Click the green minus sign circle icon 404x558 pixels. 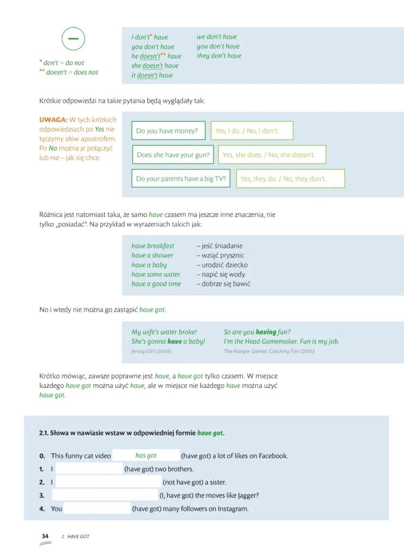point(74,39)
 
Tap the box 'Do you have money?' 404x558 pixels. point(169,131)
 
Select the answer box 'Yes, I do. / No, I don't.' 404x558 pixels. point(252,131)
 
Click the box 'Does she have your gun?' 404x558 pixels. point(173,155)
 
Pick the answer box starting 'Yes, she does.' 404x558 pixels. point(272,155)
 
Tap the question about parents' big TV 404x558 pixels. point(181,179)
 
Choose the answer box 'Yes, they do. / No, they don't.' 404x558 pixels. point(290,179)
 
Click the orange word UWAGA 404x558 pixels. point(53,120)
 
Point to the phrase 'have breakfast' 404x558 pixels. point(153,246)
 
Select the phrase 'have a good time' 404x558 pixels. point(156,284)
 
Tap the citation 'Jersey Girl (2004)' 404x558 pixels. point(151,351)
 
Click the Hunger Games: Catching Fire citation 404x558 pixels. point(269,351)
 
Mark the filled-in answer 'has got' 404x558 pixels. point(146,456)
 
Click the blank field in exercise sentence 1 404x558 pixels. point(89,469)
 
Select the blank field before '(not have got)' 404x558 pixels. point(109,482)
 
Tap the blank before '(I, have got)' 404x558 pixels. point(105,495)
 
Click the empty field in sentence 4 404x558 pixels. point(97,508)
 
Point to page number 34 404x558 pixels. point(45,536)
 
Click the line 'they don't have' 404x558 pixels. point(219,56)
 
